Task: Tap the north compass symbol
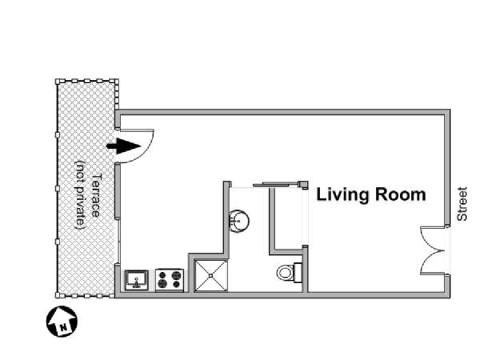coord(62,322)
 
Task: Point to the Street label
coord(462,204)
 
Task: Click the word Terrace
coord(96,196)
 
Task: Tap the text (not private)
coord(80,195)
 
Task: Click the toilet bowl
coord(285,273)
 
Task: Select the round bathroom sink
coord(239,221)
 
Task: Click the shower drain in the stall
coord(211,276)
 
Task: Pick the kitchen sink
coord(137,280)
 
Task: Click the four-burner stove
coord(170,280)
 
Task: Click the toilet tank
coord(298,273)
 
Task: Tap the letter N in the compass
coord(63,328)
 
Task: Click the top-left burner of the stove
coord(162,275)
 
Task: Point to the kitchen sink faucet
coord(137,283)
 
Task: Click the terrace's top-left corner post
coord(58,82)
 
